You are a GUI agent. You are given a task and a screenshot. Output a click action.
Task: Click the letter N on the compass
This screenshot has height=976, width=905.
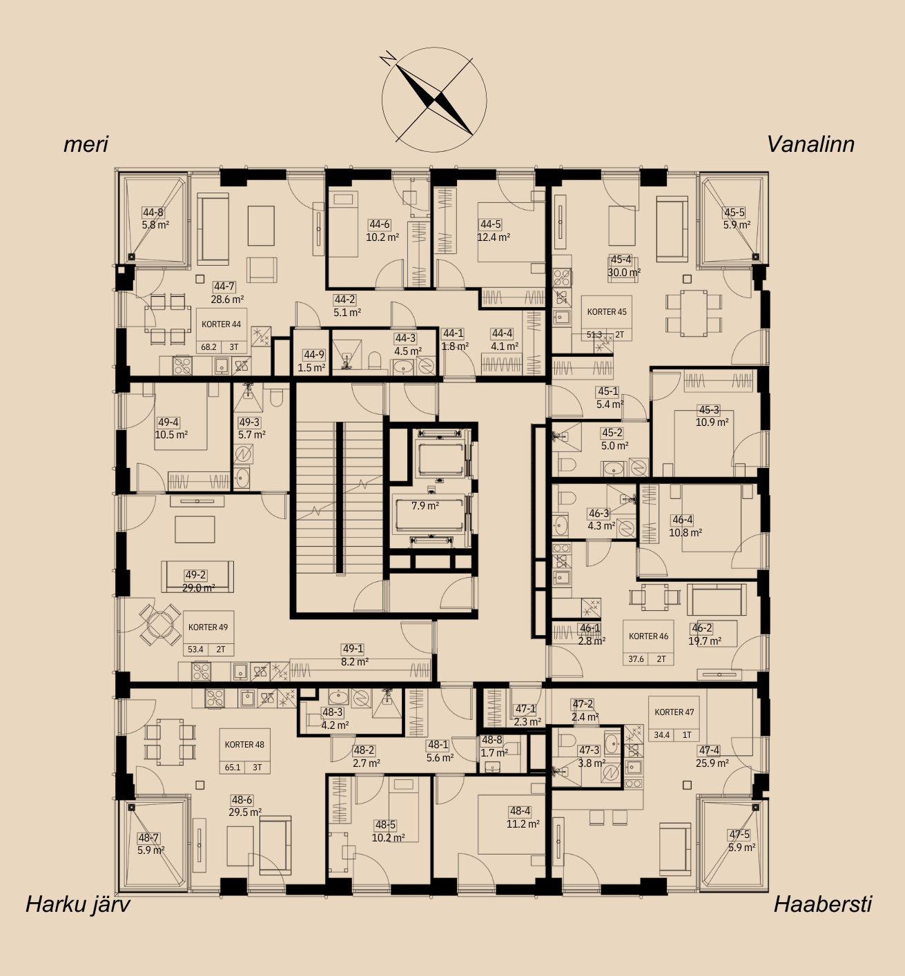tap(389, 58)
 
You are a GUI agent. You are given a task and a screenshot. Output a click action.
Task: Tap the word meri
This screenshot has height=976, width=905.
tap(86, 144)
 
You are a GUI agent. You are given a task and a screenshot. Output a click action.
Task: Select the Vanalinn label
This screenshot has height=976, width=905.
tap(810, 144)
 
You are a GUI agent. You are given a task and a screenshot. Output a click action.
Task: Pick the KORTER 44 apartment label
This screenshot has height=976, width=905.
tap(221, 324)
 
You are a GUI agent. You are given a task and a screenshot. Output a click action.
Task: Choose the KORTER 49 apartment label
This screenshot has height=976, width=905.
tap(208, 627)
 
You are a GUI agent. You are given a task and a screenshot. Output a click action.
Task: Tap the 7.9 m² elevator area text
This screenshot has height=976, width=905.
tap(425, 506)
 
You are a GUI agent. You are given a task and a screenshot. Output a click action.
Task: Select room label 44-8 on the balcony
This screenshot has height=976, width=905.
tap(153, 213)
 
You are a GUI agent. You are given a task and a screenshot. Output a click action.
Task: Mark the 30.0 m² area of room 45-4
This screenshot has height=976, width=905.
tap(624, 272)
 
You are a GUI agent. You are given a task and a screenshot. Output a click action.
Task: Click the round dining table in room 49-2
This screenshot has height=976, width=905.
tap(160, 625)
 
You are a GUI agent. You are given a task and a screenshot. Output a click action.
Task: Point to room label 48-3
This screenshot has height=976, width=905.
tap(332, 712)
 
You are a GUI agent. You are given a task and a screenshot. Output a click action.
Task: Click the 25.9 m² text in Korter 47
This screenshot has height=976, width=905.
tap(712, 763)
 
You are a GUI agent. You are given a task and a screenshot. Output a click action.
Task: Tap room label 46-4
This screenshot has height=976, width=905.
tap(682, 520)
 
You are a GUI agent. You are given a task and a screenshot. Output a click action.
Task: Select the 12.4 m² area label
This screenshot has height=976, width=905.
tap(494, 237)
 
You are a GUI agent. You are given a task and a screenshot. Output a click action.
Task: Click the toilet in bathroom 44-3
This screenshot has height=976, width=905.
tap(375, 360)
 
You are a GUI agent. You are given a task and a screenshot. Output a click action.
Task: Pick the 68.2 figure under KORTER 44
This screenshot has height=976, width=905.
tap(208, 347)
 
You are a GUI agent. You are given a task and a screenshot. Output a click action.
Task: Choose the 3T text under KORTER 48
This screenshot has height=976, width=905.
tap(257, 767)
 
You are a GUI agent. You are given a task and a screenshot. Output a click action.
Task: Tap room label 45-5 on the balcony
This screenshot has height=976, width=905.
tap(734, 213)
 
